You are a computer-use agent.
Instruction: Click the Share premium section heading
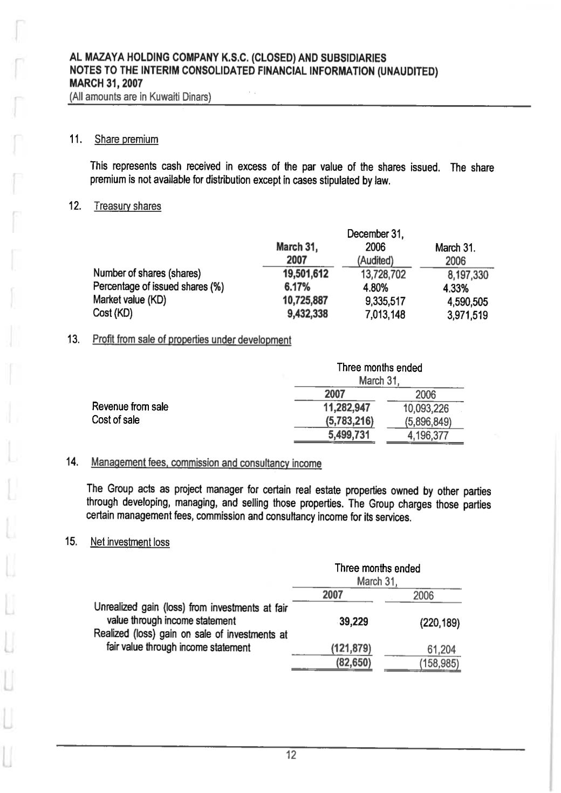pos(126,140)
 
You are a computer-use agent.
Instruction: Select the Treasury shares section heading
pos(127,206)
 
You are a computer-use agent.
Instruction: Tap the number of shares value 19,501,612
pos(302,274)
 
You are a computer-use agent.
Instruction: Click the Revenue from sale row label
pos(130,406)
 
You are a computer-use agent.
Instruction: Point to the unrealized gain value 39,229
pos(353,622)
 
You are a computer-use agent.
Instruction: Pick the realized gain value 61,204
pos(441,650)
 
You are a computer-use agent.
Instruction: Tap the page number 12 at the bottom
pos(291,755)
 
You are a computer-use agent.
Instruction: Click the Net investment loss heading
pos(129,542)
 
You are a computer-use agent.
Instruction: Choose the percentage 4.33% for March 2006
pos(455,288)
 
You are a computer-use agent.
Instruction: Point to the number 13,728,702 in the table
pos(382,274)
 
